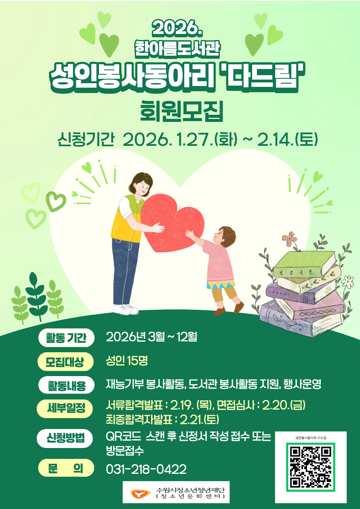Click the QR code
[x=311, y=467]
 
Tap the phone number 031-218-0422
[x=146, y=469]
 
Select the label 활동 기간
[x=66, y=338]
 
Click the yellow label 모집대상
[x=65, y=362]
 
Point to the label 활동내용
[x=66, y=385]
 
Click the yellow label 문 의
[x=65, y=469]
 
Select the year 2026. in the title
[x=177, y=28]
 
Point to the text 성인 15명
[x=126, y=361]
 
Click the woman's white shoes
[x=125, y=309]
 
